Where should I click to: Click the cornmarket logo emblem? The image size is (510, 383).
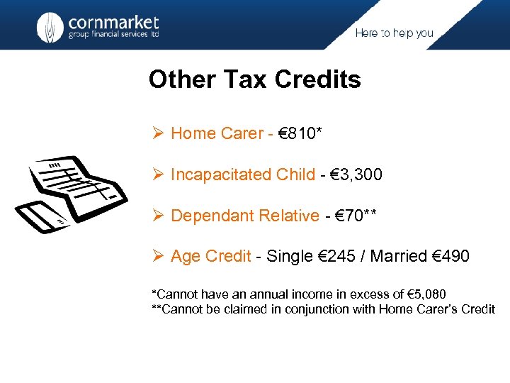(x=50, y=27)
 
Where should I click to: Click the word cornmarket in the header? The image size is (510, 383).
(x=113, y=21)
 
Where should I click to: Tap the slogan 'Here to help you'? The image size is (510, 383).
(x=394, y=33)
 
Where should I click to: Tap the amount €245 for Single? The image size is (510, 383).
(x=344, y=257)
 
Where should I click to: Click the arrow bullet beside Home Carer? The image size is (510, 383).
(x=159, y=133)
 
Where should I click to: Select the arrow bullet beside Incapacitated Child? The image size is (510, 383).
(x=159, y=174)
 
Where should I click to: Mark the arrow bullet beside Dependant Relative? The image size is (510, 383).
(x=159, y=216)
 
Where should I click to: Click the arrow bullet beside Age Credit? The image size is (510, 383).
(x=159, y=257)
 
